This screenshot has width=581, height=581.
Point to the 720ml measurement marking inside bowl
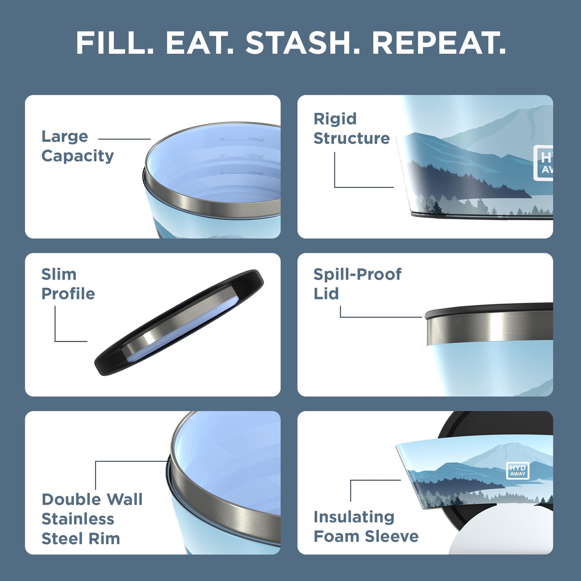255,139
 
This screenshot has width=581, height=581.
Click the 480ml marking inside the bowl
255,156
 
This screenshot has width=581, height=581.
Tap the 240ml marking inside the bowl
255,173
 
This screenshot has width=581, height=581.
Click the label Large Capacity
77,146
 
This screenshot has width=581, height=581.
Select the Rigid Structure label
351,129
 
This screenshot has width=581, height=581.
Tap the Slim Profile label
68,284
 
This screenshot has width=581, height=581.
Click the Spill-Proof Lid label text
357,284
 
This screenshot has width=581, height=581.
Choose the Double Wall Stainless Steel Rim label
92,519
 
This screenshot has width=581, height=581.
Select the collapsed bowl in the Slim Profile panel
179,322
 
